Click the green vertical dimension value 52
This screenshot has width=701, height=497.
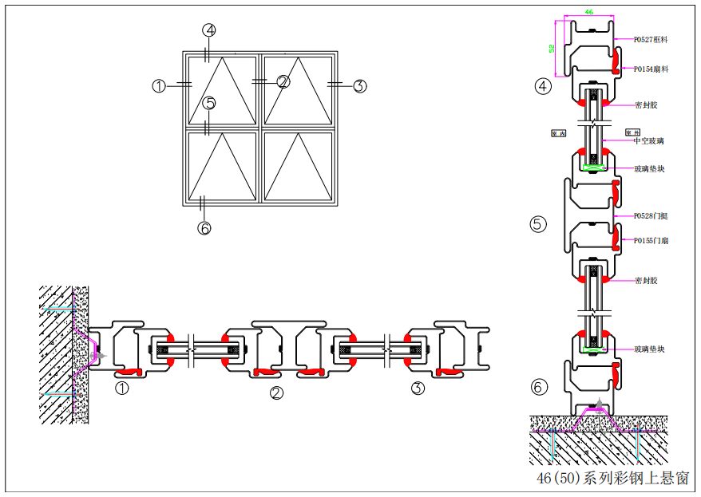pos(552,48)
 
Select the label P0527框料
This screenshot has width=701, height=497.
pos(651,38)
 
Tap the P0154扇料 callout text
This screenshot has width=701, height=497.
pos(651,69)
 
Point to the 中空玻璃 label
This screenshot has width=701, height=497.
pos(648,141)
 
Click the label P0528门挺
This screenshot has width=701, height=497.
pos(651,215)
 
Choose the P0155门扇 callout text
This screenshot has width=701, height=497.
pos(651,240)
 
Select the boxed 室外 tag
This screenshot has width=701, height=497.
pos(632,132)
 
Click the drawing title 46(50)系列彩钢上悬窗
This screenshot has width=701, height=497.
pos(612,478)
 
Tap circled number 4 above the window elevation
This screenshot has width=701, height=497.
pos(209,30)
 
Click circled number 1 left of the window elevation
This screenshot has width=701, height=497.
pos(159,86)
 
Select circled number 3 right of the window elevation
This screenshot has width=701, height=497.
pos(359,86)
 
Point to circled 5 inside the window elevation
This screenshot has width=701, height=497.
pos(209,103)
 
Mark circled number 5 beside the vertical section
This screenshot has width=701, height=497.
pos(538,224)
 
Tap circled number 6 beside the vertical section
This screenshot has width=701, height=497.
pos(540,388)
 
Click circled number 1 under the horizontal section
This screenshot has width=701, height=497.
pos(122,389)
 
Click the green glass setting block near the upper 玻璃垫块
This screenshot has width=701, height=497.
pos(592,167)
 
